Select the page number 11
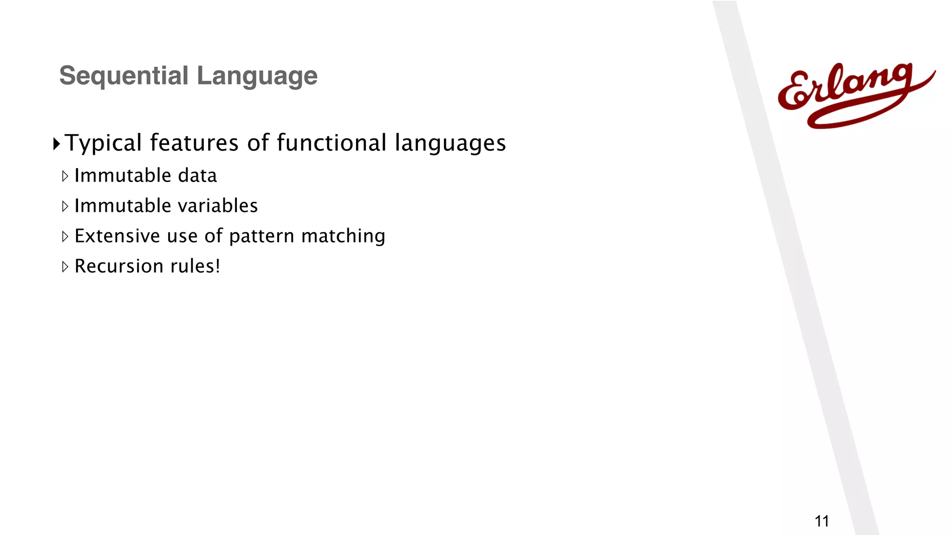coord(822,521)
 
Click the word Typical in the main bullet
coord(103,143)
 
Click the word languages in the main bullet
coord(450,143)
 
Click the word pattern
coord(262,236)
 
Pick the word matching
coord(343,236)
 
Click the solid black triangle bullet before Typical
coord(57,144)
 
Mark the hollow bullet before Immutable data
coord(65,176)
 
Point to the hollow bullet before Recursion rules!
coord(65,267)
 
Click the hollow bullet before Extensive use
coord(65,236)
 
